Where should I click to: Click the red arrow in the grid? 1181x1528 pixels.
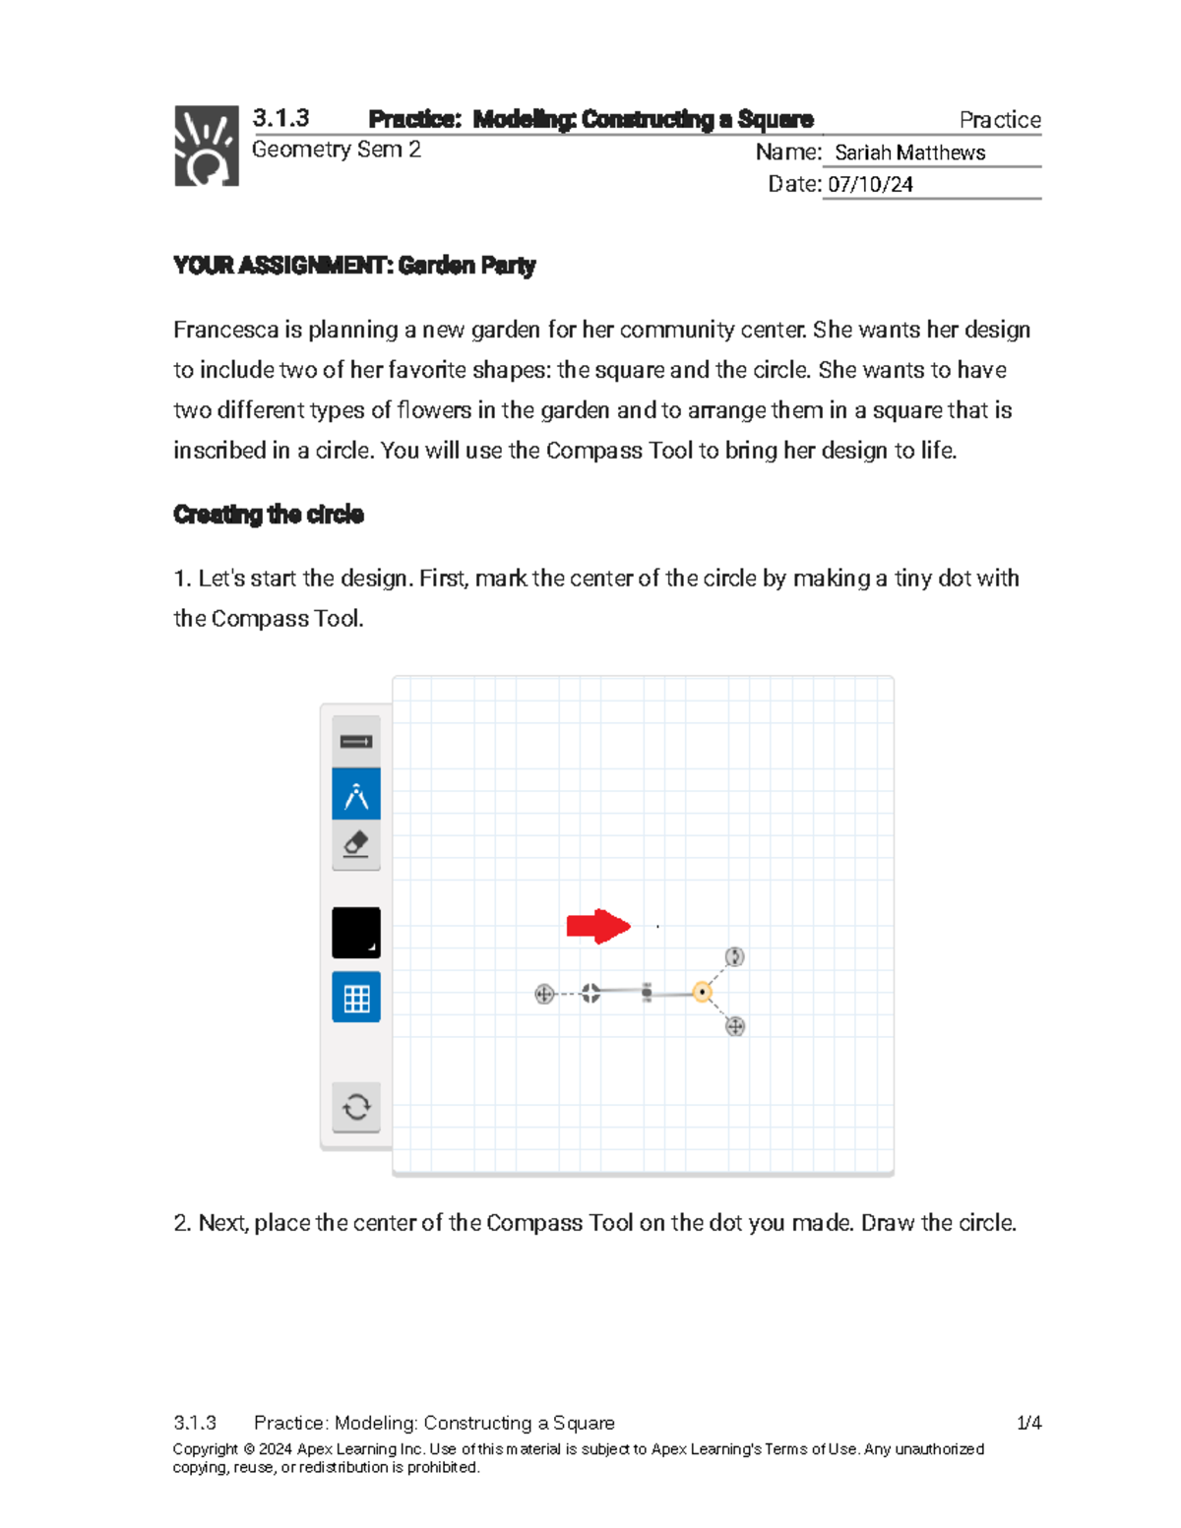pyautogui.click(x=597, y=926)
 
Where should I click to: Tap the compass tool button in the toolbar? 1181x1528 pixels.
pyautogui.click(x=356, y=795)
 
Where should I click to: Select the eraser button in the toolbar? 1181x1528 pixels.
pyautogui.click(x=356, y=845)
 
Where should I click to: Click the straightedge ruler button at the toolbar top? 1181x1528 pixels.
pyautogui.click(x=356, y=742)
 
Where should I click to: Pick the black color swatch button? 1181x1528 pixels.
pyautogui.click(x=356, y=933)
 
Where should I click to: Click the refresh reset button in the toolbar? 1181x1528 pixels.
pyautogui.click(x=356, y=1107)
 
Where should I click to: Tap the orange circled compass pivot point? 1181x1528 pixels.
pyautogui.click(x=702, y=992)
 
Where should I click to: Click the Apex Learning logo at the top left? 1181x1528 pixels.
pyautogui.click(x=207, y=146)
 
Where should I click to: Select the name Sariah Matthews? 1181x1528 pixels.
pyautogui.click(x=909, y=153)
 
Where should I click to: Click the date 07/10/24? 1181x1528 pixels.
pyautogui.click(x=870, y=184)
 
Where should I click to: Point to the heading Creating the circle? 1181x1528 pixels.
pyautogui.click(x=269, y=515)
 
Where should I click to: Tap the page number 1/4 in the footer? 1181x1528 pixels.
pyautogui.click(x=1028, y=1423)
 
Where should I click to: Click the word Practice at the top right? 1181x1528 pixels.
pyautogui.click(x=1000, y=120)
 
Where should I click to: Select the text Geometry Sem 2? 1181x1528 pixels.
pyautogui.click(x=337, y=150)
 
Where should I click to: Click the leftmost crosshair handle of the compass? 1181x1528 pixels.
pyautogui.click(x=544, y=994)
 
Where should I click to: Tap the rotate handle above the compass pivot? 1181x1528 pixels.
pyautogui.click(x=735, y=956)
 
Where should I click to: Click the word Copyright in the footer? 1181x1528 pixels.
pyautogui.click(x=206, y=1449)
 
